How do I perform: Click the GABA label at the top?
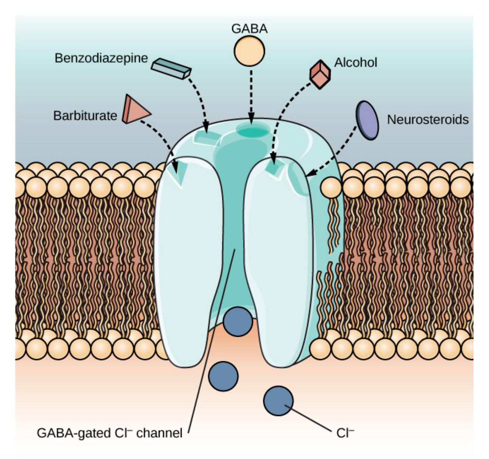[249, 29]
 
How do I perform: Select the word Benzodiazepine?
[101, 58]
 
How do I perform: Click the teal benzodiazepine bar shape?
[171, 68]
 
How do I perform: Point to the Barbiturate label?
[85, 115]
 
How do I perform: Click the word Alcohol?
[356, 62]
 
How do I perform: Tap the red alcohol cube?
[320, 74]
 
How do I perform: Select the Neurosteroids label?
[428, 120]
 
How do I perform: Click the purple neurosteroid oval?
[367, 120]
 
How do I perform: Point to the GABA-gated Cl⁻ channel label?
[109, 433]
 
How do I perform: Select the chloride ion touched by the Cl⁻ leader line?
[278, 401]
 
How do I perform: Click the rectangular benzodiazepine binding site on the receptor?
[206, 138]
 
